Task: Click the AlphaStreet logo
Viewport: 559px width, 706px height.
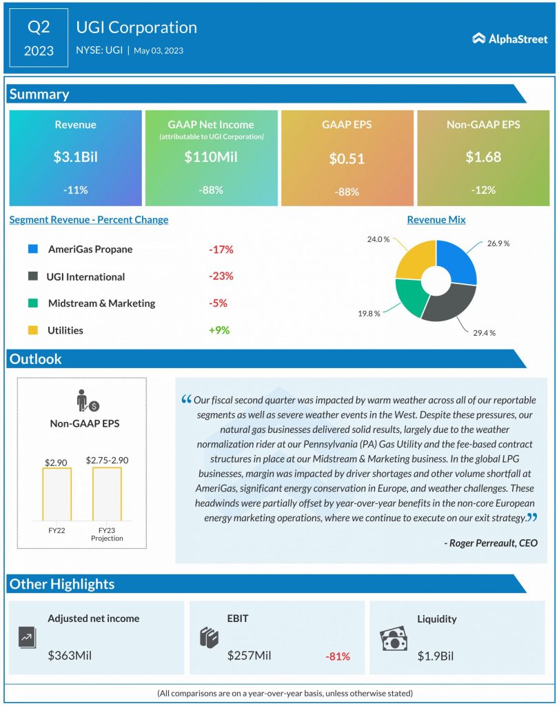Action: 509,39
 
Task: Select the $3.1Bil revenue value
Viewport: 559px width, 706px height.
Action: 75,157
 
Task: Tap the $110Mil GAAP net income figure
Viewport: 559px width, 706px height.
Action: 211,157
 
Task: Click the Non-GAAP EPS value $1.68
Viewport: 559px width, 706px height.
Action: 482,157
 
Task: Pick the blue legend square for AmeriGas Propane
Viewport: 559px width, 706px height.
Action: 33,249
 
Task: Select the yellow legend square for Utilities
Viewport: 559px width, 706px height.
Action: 33,330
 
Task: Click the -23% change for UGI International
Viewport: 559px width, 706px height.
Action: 221,276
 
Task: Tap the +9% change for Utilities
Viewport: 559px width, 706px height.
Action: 219,330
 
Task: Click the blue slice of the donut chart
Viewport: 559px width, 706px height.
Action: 458,264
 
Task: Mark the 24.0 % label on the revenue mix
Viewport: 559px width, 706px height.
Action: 378,239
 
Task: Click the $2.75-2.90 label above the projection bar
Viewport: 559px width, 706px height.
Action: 107,459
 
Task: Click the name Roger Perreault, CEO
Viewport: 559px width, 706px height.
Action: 490,543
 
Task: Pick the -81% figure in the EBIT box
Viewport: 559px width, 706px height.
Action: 337,656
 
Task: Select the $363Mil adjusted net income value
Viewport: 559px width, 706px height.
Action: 70,656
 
